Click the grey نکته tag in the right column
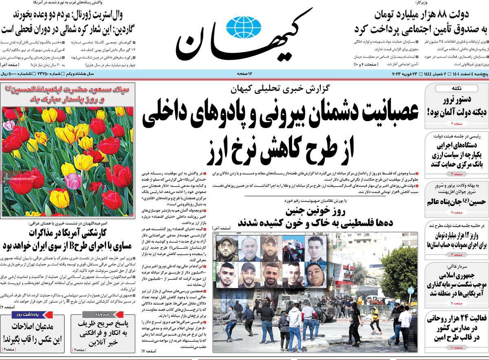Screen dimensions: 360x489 coord(456,88)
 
